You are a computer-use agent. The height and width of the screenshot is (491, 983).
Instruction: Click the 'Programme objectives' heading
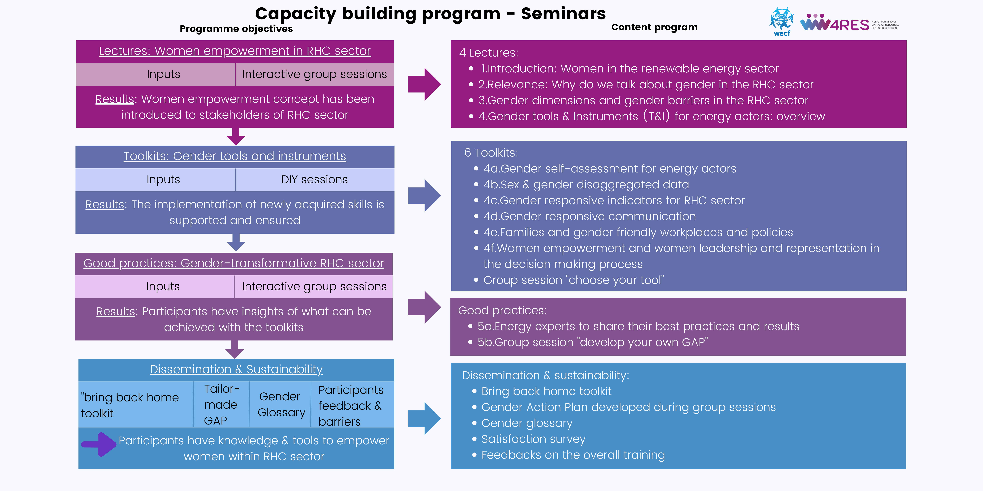click(x=236, y=29)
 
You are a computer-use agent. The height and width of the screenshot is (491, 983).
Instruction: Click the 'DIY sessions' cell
click(x=314, y=180)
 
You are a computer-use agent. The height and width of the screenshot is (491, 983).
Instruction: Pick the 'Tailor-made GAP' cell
click(x=221, y=404)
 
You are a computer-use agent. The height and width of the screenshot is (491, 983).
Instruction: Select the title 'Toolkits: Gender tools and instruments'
click(x=235, y=156)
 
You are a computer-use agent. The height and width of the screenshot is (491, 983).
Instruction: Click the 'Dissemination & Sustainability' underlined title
click(x=236, y=369)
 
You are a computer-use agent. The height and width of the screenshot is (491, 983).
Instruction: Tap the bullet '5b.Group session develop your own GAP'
click(x=592, y=342)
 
